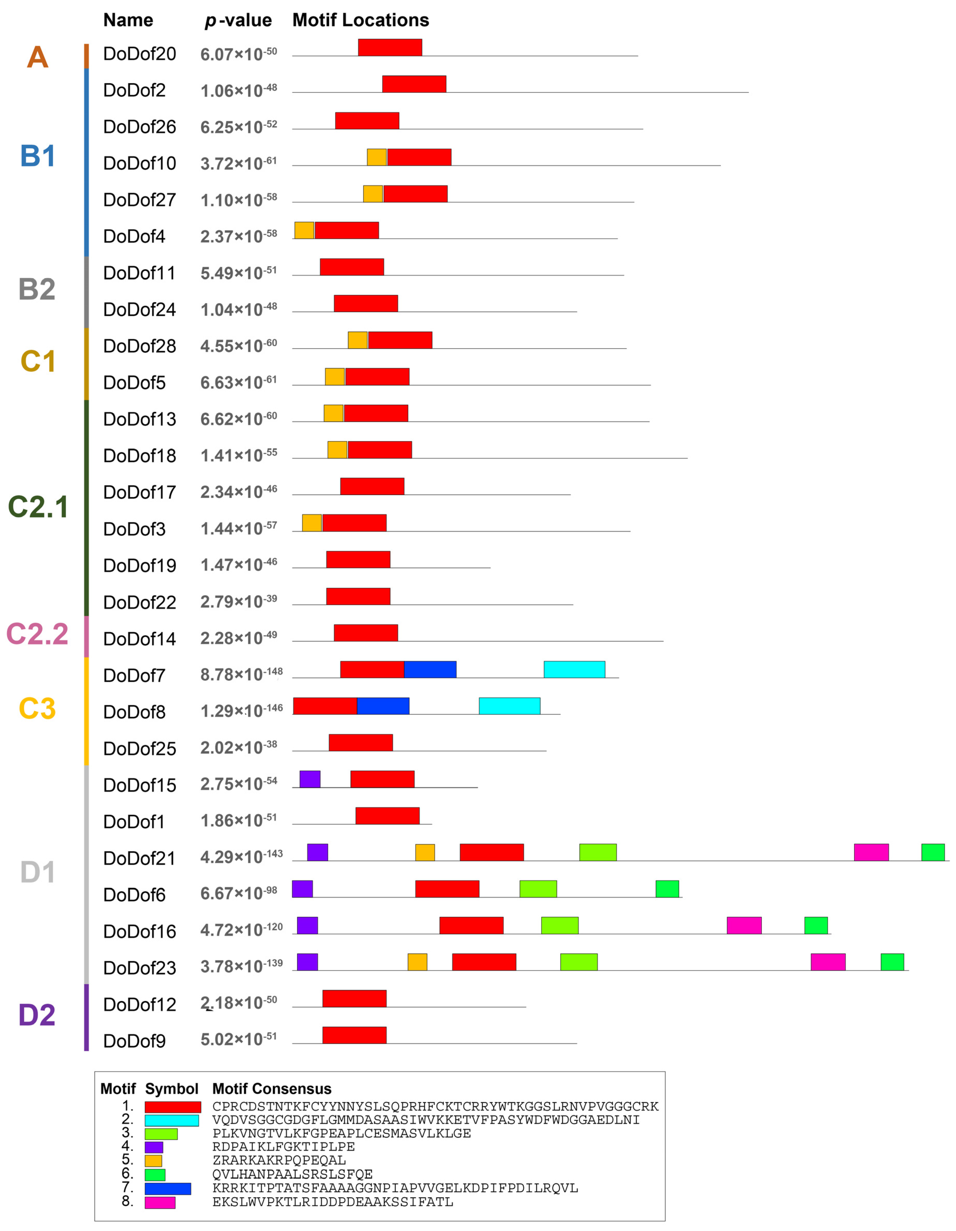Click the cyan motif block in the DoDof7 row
pyautogui.click(x=574, y=670)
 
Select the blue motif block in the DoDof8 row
pyautogui.click(x=383, y=706)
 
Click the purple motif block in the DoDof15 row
pyautogui.click(x=310, y=779)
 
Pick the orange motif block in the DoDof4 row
pyautogui.click(x=304, y=231)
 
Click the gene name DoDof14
pyautogui.click(x=139, y=639)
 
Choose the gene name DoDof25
pyautogui.click(x=139, y=749)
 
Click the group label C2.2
pyautogui.click(x=37, y=634)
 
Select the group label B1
pyautogui.click(x=37, y=156)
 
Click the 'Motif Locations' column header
pyautogui.click(x=360, y=20)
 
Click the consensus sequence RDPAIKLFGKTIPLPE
pyautogui.click(x=283, y=1147)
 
